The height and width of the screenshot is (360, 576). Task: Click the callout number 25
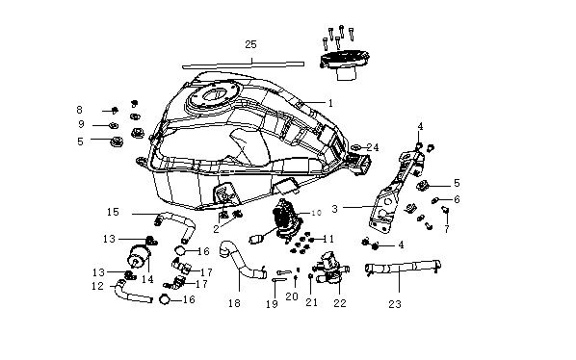[250, 45]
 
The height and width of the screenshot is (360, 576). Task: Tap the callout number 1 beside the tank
[330, 103]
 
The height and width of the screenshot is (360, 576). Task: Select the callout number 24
[373, 147]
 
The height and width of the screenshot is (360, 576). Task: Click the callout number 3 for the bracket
[334, 209]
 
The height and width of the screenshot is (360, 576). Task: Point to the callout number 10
[316, 213]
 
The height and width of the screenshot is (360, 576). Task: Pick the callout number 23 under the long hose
[395, 304]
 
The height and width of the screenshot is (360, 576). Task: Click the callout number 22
[340, 303]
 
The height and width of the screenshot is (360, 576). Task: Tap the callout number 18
[234, 303]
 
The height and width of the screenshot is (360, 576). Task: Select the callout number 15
[113, 212]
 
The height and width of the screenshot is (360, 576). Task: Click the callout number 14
[147, 279]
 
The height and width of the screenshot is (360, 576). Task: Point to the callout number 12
[97, 286]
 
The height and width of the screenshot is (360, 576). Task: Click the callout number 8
[79, 110]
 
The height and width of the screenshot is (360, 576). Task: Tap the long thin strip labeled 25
[243, 64]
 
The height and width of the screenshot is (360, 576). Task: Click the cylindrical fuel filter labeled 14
[139, 256]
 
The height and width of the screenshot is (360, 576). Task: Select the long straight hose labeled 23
[403, 267]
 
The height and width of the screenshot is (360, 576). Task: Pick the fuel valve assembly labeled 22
[330, 268]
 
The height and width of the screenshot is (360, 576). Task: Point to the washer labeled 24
[355, 147]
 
